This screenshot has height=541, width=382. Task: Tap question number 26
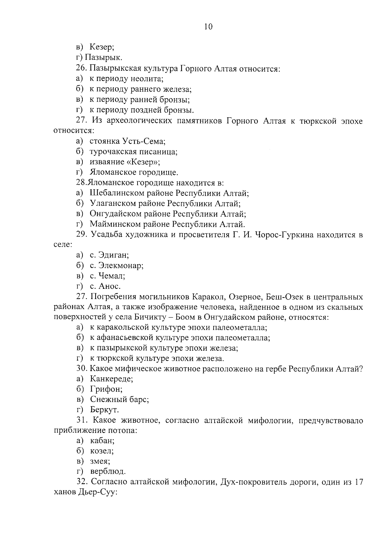[81, 68]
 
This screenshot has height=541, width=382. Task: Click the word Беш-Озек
[282, 297]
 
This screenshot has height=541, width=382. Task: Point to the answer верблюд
[108, 471]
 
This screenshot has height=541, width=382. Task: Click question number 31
[82, 420]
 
